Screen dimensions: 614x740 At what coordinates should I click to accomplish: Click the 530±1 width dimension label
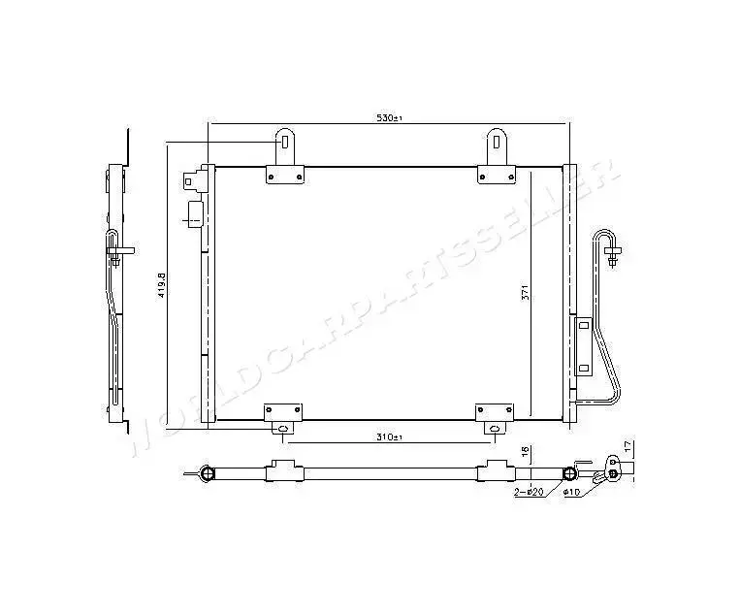[x=389, y=118]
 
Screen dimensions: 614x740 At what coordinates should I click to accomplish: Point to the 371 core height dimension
[x=524, y=296]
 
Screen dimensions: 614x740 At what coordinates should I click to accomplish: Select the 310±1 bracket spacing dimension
[x=389, y=437]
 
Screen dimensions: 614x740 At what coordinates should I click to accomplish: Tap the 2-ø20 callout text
[x=529, y=493]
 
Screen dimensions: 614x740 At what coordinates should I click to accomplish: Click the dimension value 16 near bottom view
[x=525, y=452]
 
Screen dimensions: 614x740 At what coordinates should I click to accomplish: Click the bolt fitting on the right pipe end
[x=612, y=258]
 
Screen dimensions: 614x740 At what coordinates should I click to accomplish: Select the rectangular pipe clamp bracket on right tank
[x=584, y=345]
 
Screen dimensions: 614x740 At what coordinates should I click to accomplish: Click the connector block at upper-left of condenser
[x=200, y=179]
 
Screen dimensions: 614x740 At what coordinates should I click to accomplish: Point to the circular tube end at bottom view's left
[x=206, y=473]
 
